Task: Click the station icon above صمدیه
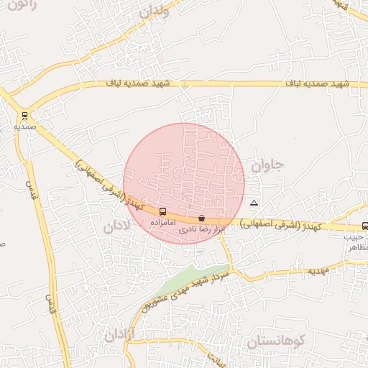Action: point(25,115)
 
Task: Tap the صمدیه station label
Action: point(25,126)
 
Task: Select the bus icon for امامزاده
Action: point(162,212)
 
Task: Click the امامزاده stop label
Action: point(162,223)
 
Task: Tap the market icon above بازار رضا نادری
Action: point(201,218)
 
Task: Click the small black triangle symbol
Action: point(253,203)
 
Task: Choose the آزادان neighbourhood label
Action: point(119,334)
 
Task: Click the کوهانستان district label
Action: point(277,342)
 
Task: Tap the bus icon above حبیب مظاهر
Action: point(365,226)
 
